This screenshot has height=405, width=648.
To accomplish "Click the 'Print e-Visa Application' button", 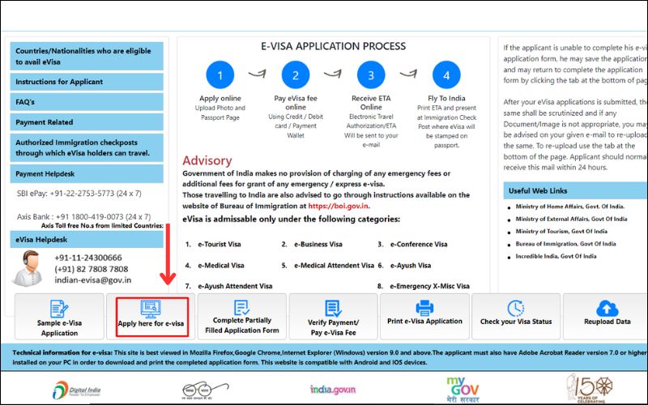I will click(x=423, y=317).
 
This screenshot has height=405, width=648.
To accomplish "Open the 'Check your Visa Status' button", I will click(x=515, y=317).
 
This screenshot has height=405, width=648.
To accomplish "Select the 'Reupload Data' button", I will click(x=607, y=317).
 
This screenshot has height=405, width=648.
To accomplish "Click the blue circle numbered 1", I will click(x=220, y=77).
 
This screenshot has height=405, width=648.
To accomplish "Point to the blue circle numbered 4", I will click(x=446, y=77).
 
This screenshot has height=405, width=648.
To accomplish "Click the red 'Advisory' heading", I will click(x=207, y=160).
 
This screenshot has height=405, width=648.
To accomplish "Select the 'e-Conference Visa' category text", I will click(x=418, y=244).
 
